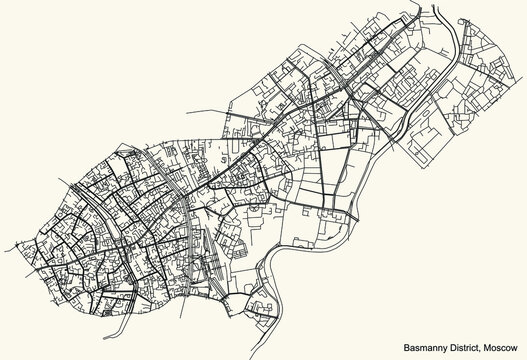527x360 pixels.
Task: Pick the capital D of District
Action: [x=438, y=346]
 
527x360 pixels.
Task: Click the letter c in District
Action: [x=463, y=347]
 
